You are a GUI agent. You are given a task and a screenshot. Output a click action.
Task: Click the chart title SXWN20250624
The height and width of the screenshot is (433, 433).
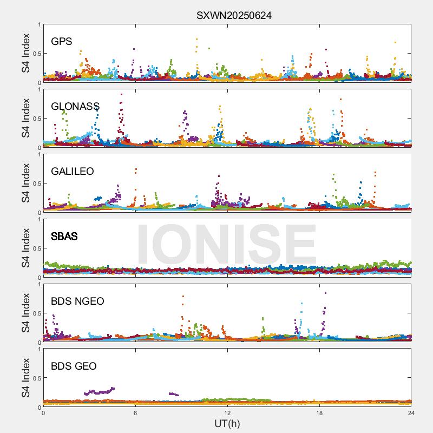[234, 16]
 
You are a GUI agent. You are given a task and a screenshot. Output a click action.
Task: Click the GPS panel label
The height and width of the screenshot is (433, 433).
[61, 41]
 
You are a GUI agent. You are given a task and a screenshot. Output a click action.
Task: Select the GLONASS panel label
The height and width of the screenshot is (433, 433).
[75, 106]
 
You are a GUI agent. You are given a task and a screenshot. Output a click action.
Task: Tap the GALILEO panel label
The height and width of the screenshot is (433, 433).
[73, 171]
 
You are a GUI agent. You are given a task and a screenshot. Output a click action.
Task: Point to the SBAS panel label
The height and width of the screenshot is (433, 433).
[64, 236]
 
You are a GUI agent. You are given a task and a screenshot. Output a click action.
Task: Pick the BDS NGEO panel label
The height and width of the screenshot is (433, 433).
[77, 301]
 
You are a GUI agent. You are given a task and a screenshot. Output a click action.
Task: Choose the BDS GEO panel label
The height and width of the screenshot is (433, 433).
[74, 366]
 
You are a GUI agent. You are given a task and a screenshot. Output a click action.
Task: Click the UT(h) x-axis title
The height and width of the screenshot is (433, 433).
[227, 423]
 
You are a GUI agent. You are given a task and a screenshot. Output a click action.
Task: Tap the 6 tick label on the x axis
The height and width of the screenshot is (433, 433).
[135, 413]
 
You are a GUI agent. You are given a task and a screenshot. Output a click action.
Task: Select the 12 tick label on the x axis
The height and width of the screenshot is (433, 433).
[227, 413]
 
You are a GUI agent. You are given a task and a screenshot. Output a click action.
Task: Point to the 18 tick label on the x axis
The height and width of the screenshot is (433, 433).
[319, 413]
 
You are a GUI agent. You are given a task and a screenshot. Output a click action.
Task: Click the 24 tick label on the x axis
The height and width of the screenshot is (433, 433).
[411, 413]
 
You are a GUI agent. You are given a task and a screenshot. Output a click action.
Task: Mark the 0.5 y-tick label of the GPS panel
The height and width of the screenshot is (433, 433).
[36, 54]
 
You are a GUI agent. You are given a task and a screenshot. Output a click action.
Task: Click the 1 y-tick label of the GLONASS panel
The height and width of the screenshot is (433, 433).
[39, 90]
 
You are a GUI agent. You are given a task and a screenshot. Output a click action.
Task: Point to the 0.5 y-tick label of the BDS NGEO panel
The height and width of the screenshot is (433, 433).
[36, 313]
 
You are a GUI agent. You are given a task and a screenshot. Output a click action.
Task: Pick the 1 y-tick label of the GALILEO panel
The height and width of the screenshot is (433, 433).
[39, 155]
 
